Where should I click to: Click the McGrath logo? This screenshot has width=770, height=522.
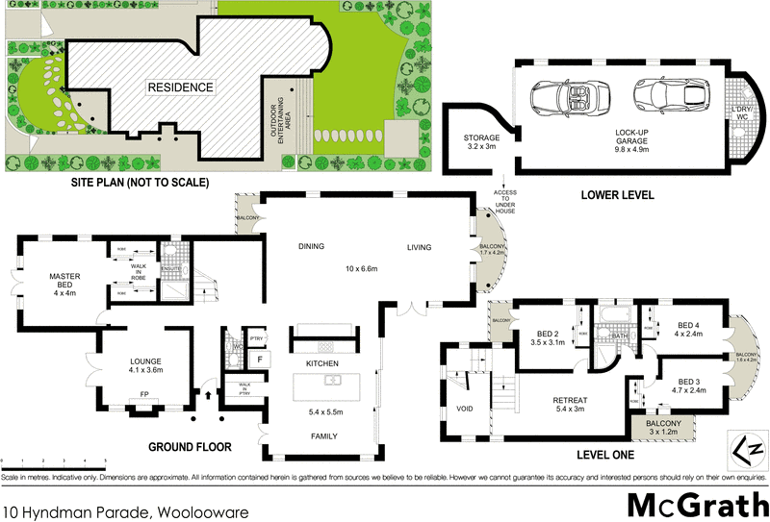coord(697,505)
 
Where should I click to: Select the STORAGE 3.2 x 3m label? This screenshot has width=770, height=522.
coord(481,142)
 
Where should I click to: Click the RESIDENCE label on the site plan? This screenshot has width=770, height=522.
coord(180,87)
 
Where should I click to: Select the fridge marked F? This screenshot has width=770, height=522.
coord(258,360)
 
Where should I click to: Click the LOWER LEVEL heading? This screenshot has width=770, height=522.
coord(617,195)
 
